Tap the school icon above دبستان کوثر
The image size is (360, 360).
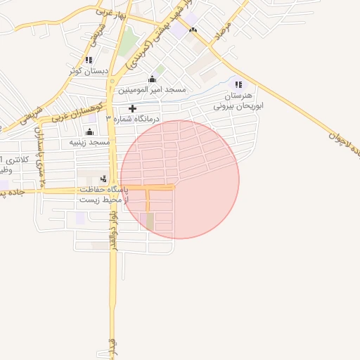point(88,60)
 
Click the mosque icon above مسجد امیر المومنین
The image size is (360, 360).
point(152,79)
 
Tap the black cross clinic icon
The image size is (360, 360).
point(132,108)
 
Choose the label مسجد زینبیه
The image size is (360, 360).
point(90,143)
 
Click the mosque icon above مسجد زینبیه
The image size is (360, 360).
point(89,131)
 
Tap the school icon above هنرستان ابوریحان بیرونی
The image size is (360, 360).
point(238,84)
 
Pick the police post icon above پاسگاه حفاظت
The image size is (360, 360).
point(103,179)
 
